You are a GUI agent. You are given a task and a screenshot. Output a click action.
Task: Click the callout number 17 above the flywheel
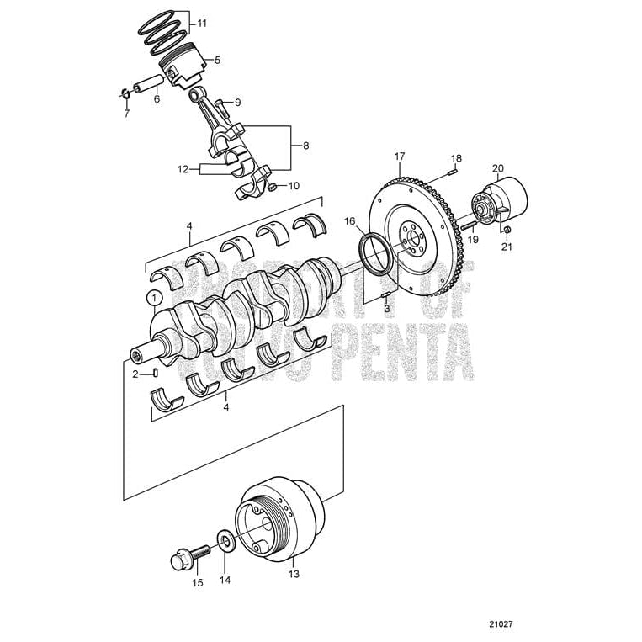400,157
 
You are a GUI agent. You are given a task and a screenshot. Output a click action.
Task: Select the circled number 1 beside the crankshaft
152,296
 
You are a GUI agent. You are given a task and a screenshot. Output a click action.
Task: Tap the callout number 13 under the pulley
293,575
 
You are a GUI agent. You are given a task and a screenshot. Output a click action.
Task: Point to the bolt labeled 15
187,556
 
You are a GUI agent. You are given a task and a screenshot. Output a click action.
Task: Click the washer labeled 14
225,539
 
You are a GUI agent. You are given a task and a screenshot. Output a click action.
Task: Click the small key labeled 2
156,373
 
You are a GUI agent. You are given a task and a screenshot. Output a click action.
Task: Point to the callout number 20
497,168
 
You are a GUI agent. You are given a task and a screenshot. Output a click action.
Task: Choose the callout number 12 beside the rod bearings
183,168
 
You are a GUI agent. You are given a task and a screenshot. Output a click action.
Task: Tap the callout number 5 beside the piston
217,60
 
